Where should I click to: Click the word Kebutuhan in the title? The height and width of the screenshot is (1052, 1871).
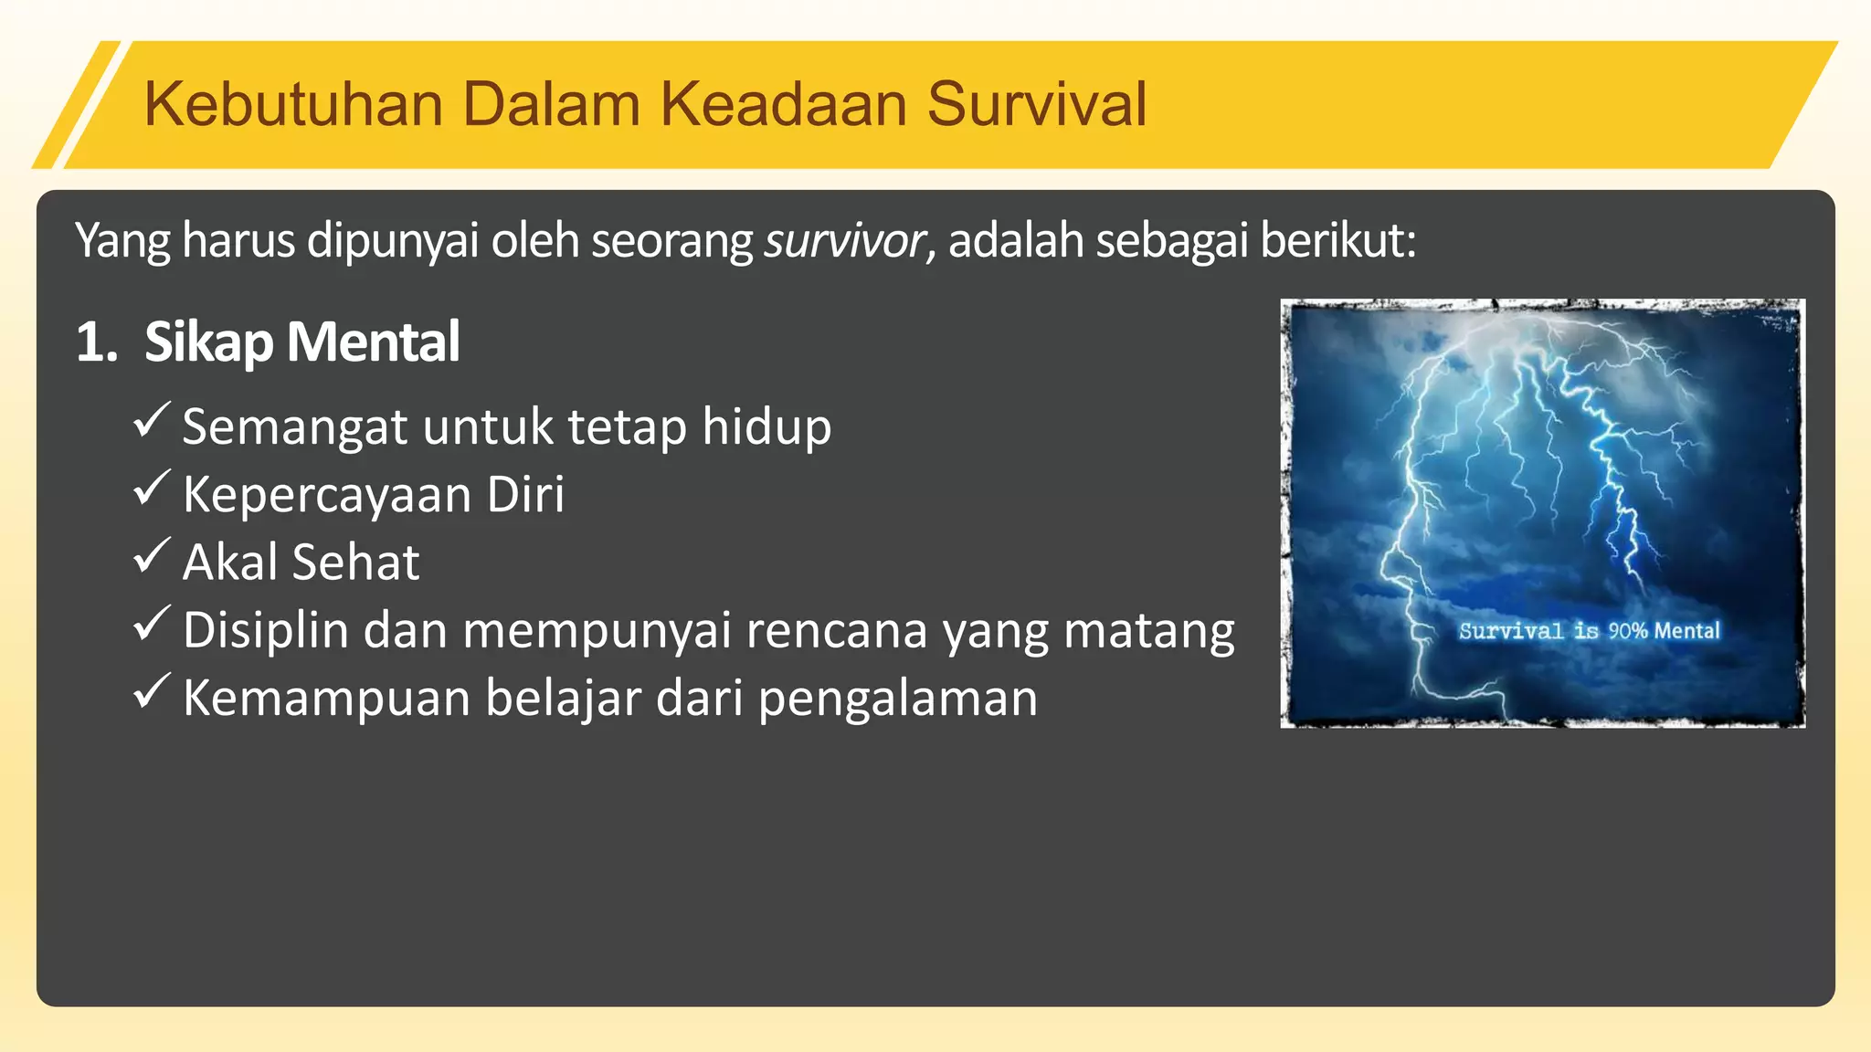[293, 104]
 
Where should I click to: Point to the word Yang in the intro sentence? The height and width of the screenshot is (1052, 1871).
[122, 241]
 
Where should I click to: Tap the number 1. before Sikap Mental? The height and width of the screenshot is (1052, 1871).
[97, 342]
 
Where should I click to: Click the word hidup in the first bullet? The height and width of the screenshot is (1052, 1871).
[766, 426]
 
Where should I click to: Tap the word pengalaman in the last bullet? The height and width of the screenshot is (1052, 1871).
[898, 699]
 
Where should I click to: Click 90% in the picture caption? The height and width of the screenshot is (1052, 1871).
[1627, 631]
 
